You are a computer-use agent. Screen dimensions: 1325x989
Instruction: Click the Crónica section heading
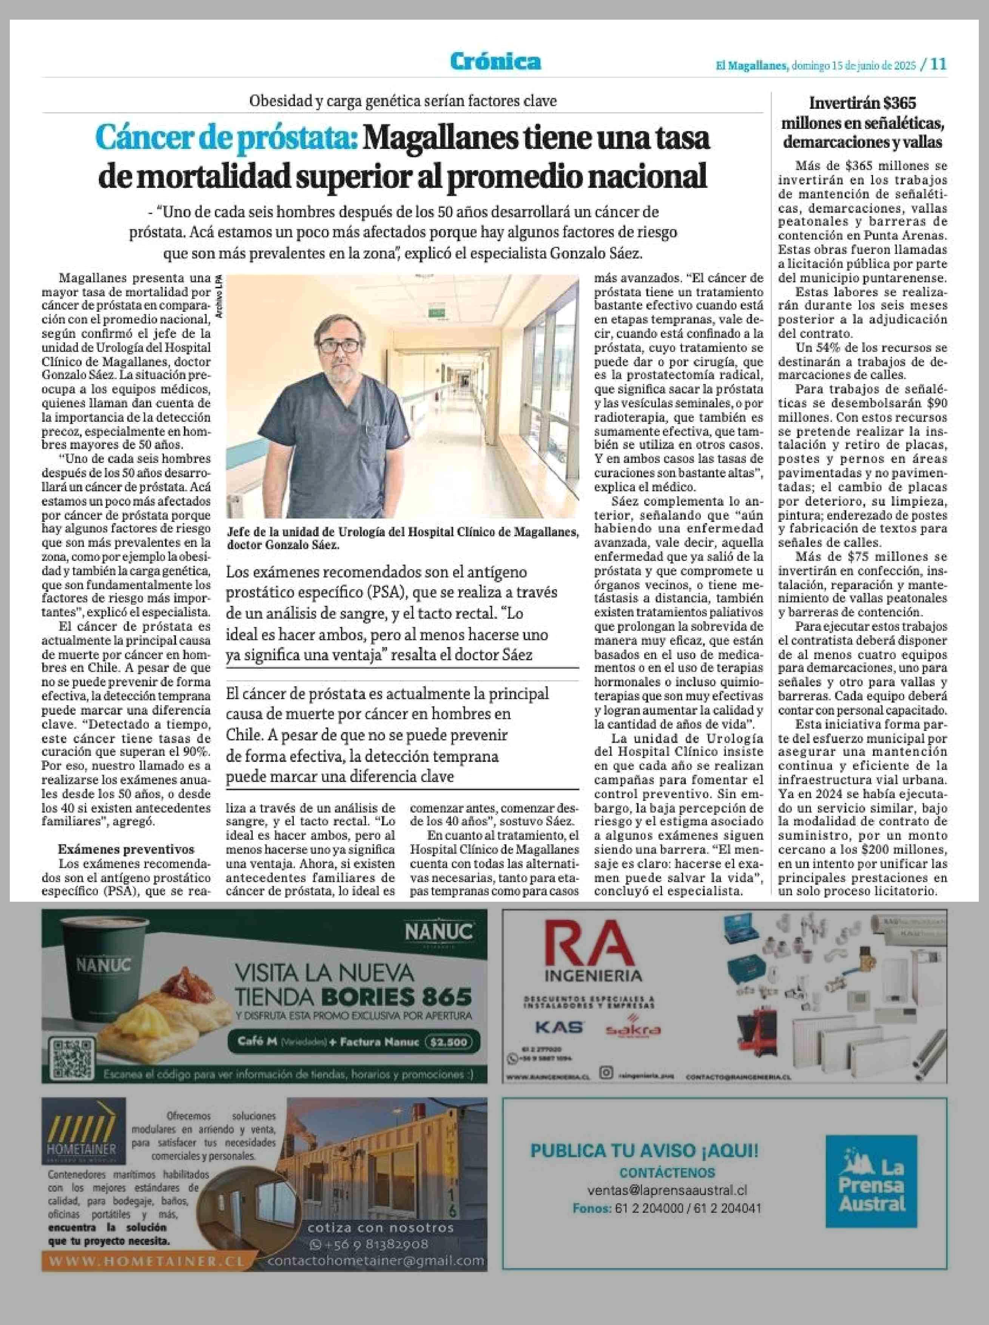click(x=496, y=61)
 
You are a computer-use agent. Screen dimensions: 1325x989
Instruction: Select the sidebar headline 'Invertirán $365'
click(x=862, y=103)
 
